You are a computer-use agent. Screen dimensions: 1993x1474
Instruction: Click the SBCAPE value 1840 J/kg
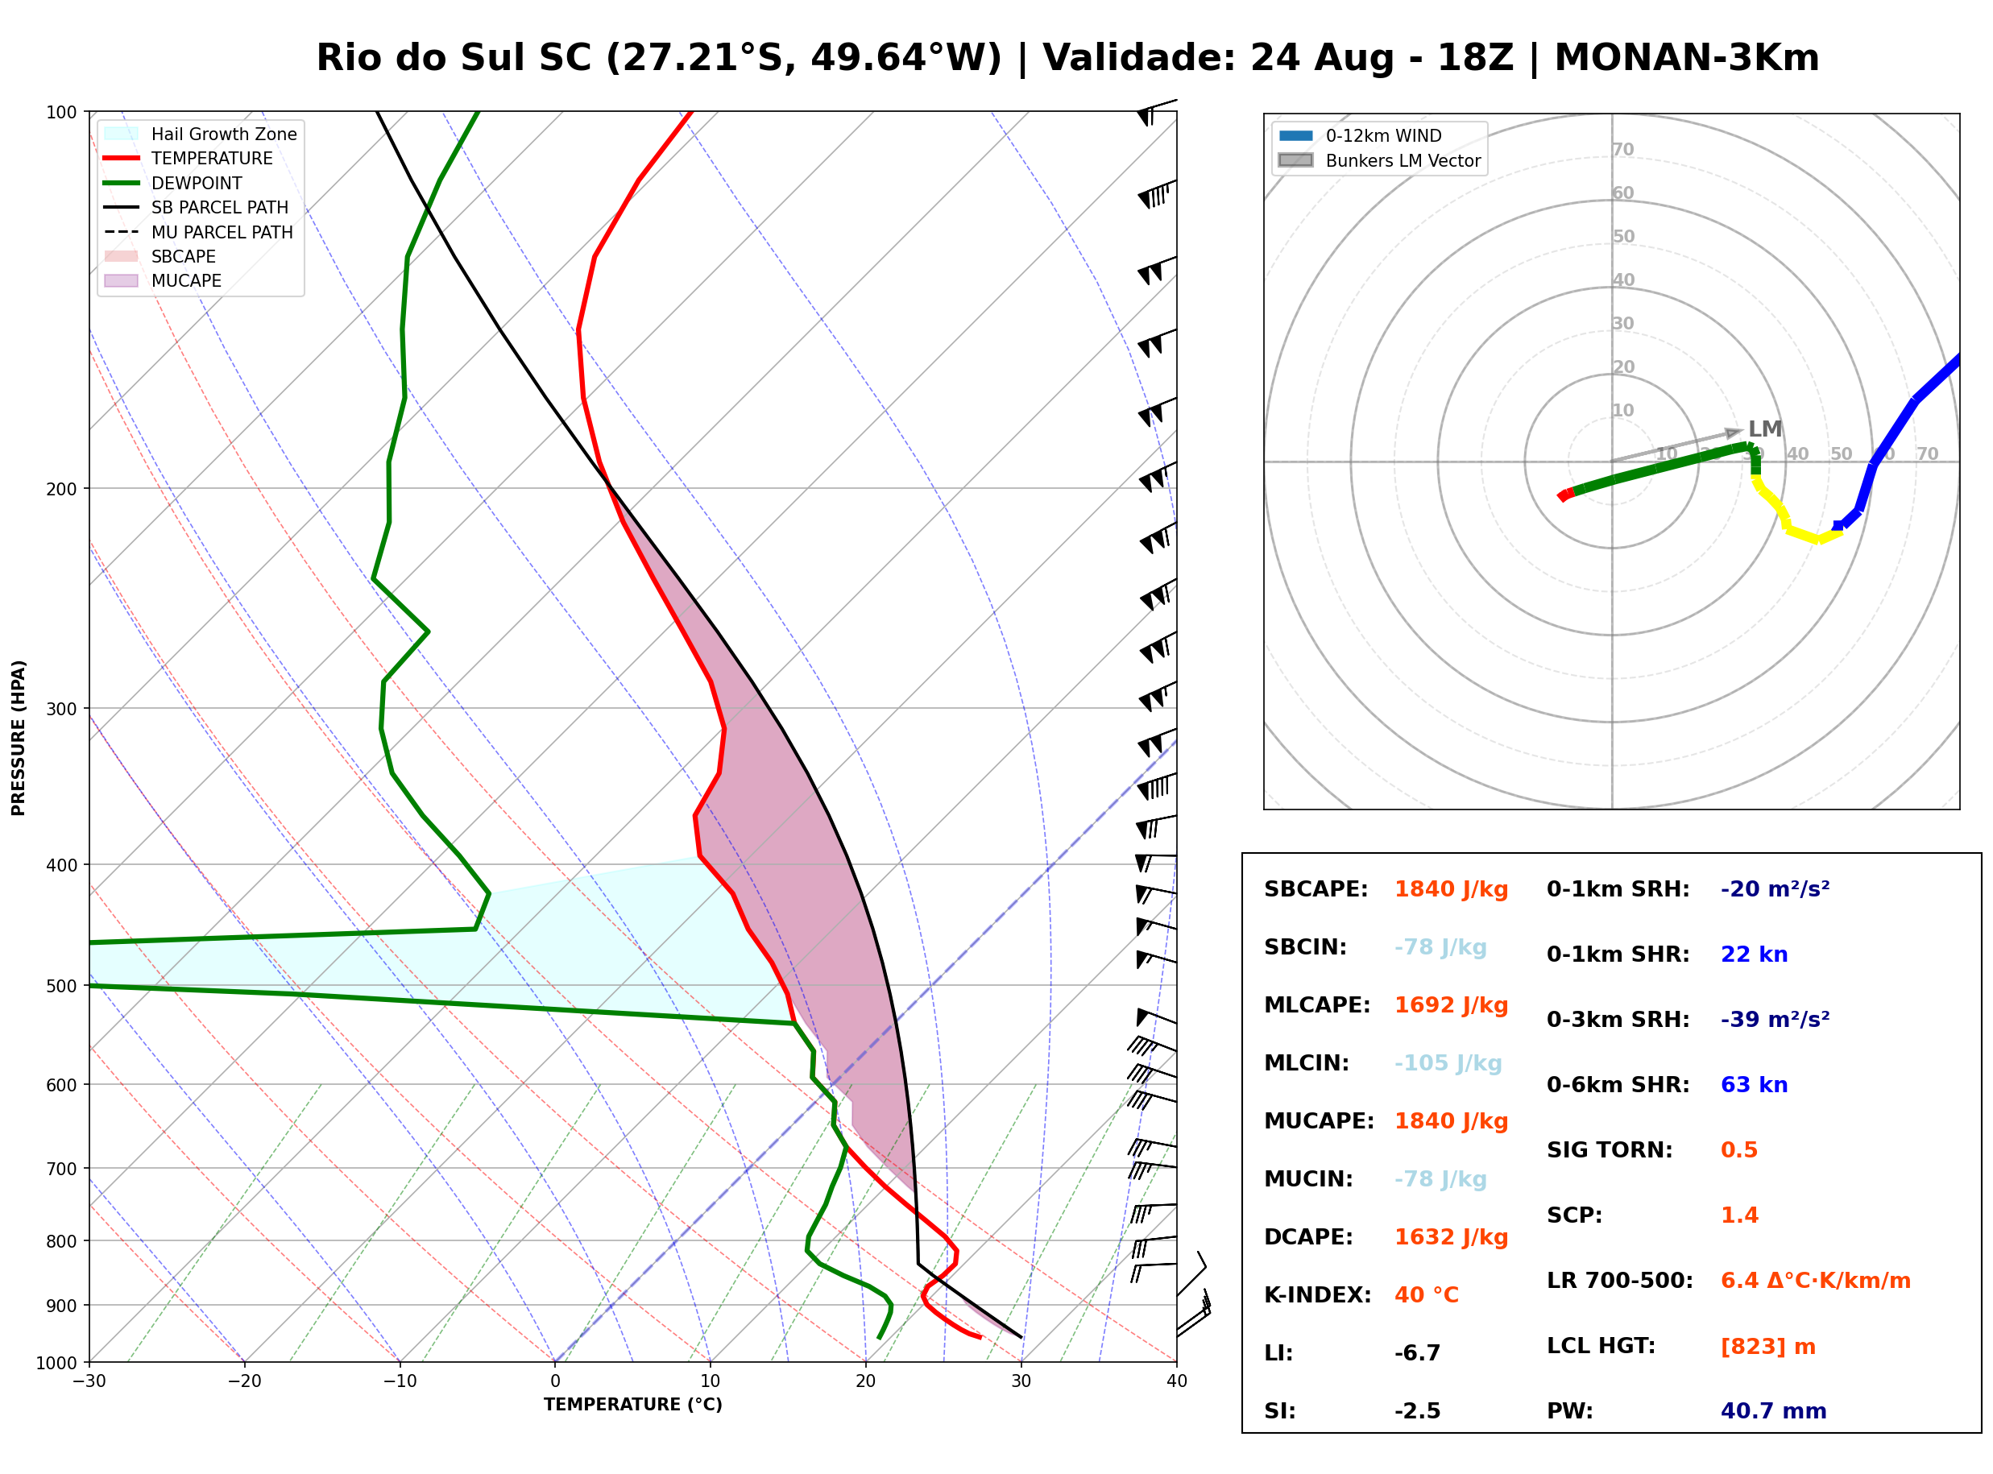pos(1451,889)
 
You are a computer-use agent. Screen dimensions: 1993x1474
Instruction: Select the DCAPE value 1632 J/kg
pos(1451,1237)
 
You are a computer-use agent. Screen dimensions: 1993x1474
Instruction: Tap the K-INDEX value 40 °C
pos(1426,1295)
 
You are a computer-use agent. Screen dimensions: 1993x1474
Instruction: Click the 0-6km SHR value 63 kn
pos(1753,1085)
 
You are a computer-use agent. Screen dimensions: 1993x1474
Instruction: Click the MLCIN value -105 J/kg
pos(1447,1063)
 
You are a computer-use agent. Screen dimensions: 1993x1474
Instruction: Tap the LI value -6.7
pos(1417,1353)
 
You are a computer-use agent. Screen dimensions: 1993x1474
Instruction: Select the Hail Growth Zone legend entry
pos(201,134)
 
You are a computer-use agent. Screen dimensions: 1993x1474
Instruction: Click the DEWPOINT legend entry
pos(173,183)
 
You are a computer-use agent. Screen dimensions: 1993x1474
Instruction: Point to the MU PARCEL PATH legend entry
pos(198,232)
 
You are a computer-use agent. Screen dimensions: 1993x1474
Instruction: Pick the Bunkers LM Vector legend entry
pos(1379,160)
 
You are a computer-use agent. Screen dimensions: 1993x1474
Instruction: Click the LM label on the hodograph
pos(1764,429)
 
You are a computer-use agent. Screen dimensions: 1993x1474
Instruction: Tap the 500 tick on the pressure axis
pos(61,986)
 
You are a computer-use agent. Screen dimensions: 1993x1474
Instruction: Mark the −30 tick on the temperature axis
pos(89,1381)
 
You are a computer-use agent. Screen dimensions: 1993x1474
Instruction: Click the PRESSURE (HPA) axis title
pos(19,738)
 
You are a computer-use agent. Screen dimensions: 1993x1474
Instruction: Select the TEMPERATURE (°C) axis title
pos(632,1405)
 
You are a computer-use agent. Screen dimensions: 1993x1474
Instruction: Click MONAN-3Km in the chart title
pos(1686,58)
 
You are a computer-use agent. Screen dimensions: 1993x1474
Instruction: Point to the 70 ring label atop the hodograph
pos(1622,149)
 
